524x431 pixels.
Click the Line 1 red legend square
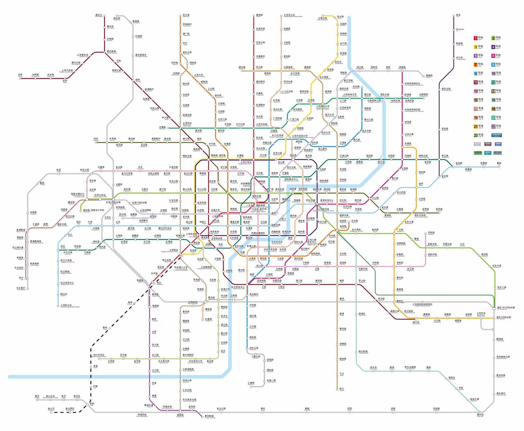tap(476, 38)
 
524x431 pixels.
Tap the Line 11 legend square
tap(476, 82)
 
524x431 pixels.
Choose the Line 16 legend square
tap(493, 100)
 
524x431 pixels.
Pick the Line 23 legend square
tap(476, 135)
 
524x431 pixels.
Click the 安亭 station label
tap(65, 81)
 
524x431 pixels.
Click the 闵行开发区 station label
tap(99, 355)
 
